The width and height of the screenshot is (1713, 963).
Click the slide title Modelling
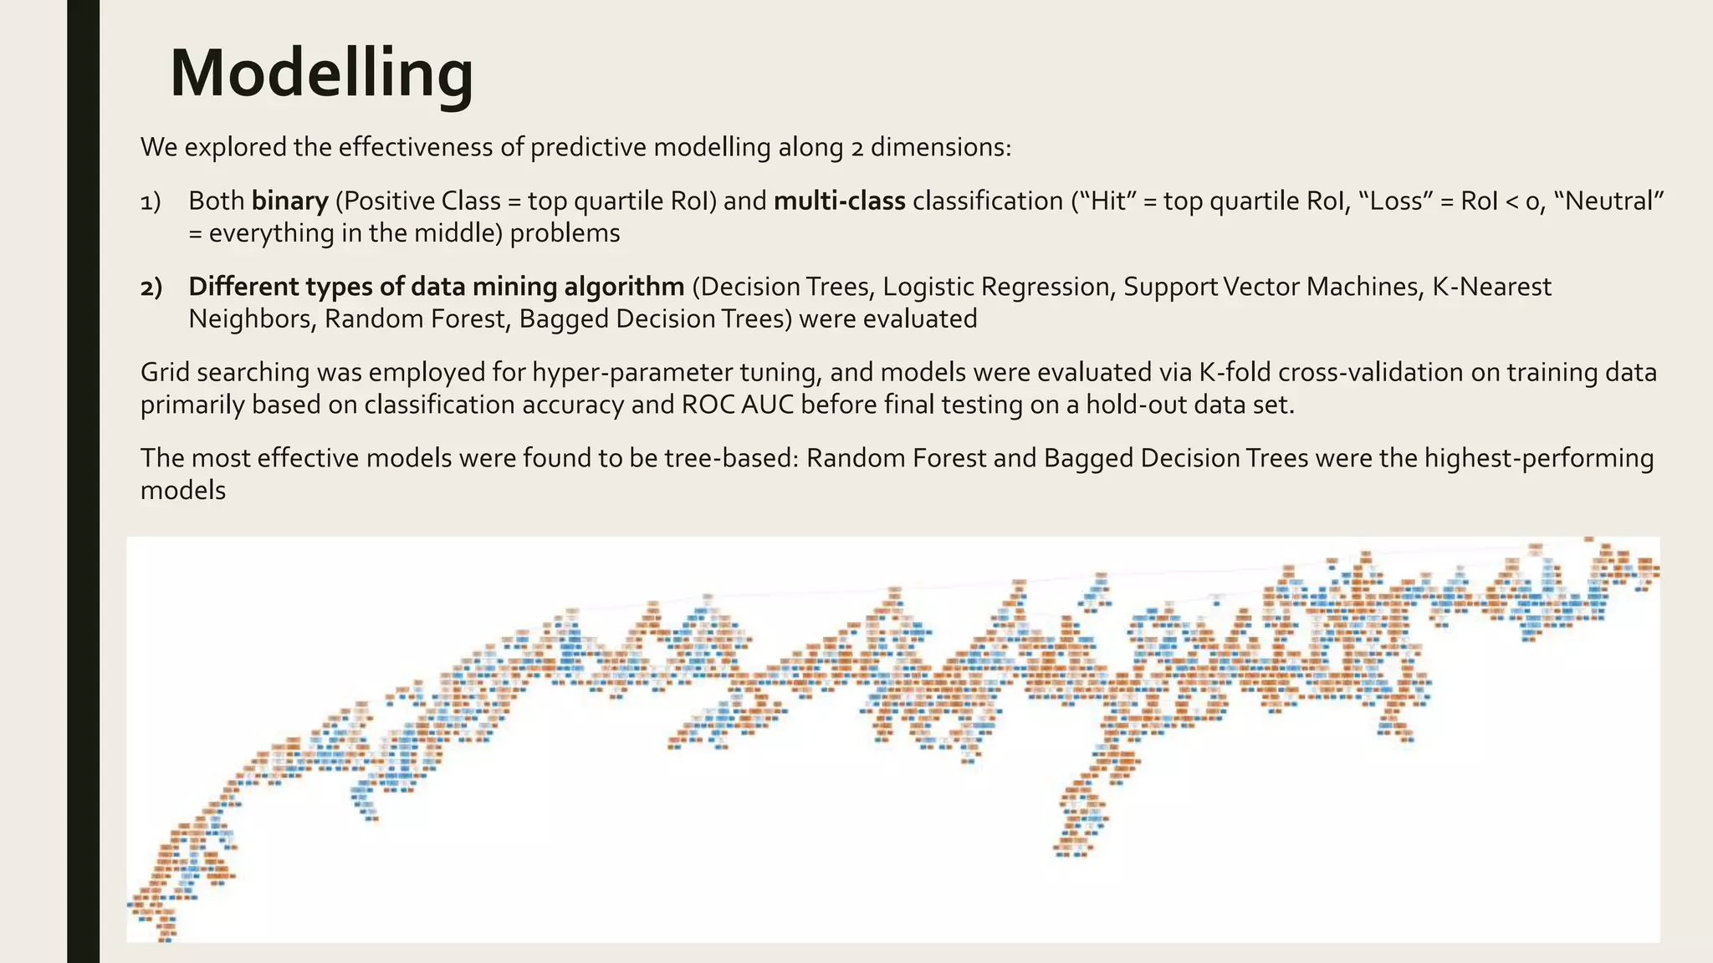click(321, 74)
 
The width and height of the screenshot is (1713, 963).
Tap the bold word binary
click(289, 201)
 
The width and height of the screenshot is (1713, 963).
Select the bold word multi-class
click(839, 201)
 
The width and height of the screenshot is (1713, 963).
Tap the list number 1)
click(151, 201)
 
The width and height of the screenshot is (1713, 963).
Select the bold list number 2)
click(151, 288)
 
